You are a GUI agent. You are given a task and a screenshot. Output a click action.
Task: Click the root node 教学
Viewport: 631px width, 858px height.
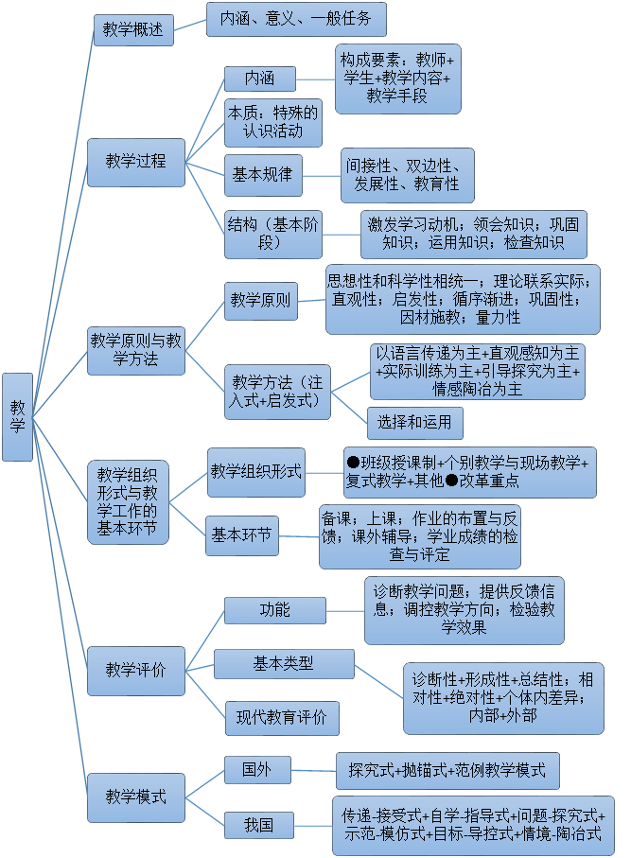(17, 417)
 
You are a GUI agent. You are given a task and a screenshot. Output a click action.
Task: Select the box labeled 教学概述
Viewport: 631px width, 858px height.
(133, 29)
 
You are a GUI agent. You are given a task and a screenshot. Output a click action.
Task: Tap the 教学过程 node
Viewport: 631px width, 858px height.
(135, 162)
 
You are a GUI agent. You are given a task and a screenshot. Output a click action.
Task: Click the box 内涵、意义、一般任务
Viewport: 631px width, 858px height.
(296, 19)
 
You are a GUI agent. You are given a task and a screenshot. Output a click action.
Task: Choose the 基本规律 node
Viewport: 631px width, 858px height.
(263, 175)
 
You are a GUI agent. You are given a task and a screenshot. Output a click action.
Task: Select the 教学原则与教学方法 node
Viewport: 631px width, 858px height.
(135, 350)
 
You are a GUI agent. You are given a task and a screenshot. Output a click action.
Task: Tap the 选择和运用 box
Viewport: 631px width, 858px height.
(414, 422)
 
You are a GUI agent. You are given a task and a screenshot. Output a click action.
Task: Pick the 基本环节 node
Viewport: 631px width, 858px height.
(242, 536)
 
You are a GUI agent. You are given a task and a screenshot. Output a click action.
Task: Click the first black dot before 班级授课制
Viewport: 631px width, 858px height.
(353, 463)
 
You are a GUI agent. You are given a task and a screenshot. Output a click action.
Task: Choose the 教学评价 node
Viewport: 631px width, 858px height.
(135, 670)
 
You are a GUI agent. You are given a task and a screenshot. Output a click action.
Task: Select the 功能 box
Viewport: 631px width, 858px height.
(274, 610)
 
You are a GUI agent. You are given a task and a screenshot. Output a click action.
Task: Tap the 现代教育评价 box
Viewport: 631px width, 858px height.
(281, 718)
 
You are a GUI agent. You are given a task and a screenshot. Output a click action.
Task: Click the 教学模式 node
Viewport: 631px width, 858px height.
(135, 797)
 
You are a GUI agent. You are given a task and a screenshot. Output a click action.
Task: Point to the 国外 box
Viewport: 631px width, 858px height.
(256, 770)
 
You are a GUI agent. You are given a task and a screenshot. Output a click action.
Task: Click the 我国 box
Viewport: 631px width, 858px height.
(257, 825)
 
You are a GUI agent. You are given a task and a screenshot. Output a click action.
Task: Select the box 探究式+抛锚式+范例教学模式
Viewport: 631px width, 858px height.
(447, 771)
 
